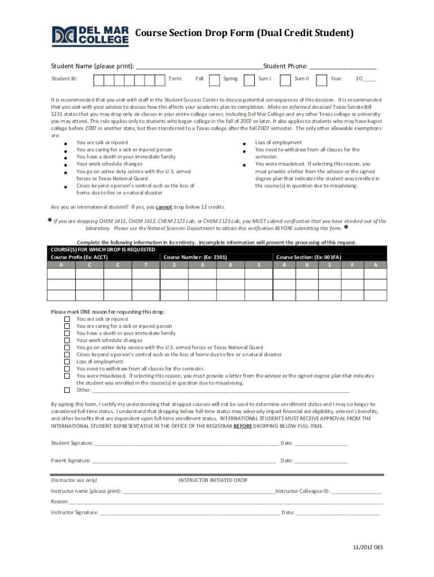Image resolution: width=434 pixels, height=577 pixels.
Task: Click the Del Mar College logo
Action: point(90,36)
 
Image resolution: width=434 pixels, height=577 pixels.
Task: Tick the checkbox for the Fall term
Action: point(214,80)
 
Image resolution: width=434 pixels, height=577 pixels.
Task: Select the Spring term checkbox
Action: point(248,80)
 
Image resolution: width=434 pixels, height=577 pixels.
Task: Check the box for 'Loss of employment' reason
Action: point(67,362)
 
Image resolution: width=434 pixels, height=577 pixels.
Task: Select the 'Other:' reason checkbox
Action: point(67,390)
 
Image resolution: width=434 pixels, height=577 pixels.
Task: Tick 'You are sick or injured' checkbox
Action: point(67,319)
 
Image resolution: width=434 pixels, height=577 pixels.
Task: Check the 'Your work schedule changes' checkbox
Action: point(67,340)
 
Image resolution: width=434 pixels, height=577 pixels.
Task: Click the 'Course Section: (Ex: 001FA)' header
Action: point(308,257)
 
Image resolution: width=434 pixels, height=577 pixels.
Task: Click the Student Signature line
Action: point(187,443)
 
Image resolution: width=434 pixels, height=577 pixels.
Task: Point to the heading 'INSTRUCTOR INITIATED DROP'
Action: point(213,480)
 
